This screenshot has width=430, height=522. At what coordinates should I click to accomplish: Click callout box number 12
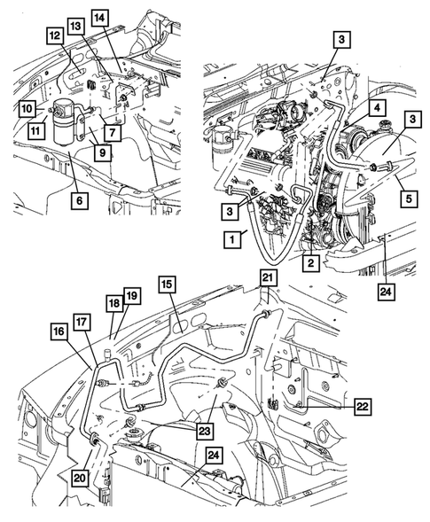(55, 35)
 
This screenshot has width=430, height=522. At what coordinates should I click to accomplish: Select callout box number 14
(99, 19)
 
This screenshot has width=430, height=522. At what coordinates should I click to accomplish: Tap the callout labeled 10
(27, 108)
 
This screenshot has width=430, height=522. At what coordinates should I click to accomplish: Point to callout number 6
(80, 201)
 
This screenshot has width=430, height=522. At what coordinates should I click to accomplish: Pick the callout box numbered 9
(103, 152)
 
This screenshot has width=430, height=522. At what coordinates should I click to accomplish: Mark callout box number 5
(409, 199)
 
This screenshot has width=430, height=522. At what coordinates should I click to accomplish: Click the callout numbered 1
(232, 239)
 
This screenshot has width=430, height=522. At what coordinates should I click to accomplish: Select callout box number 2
(311, 263)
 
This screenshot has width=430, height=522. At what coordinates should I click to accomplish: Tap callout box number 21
(268, 278)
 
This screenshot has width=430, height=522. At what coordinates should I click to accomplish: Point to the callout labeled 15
(168, 284)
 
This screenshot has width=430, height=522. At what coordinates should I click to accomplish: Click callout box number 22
(363, 407)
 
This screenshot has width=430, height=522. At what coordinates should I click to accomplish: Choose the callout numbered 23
(204, 432)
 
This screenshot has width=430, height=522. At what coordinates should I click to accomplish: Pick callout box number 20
(80, 479)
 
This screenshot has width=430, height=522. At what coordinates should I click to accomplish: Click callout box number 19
(132, 295)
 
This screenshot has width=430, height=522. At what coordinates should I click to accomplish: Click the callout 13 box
(76, 27)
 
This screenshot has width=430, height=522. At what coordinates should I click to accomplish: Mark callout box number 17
(82, 322)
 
